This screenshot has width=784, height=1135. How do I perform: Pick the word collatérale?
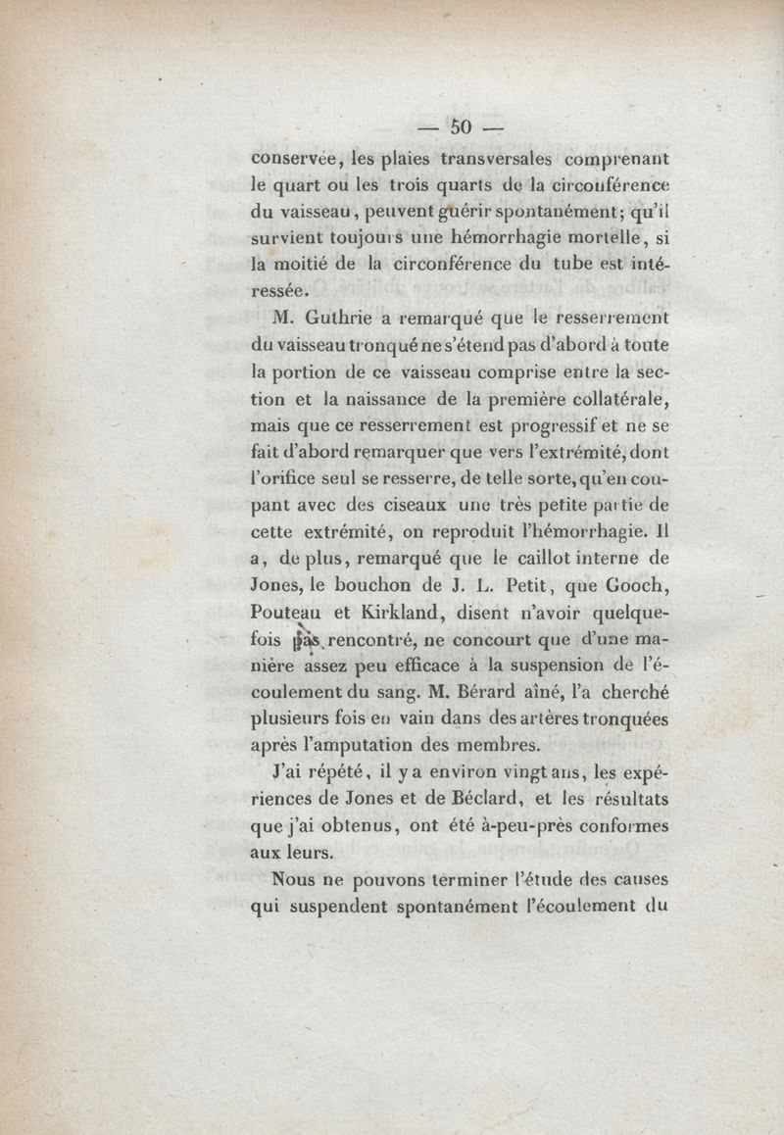pos(607,399)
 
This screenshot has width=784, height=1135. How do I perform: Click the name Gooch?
pos(637,587)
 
